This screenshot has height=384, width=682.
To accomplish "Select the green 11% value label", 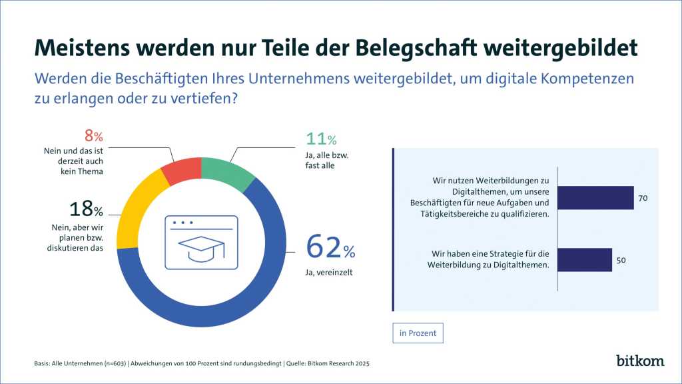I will click(321, 139).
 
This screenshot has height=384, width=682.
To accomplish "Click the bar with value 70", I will click(595, 198).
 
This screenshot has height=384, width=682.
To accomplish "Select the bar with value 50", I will click(584, 260).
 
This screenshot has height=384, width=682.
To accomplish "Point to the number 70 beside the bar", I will click(643, 198).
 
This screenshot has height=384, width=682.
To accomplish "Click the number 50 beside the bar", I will click(621, 260).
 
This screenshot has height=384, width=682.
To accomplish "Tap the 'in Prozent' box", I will click(418, 333).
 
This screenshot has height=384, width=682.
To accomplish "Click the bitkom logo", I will click(640, 360).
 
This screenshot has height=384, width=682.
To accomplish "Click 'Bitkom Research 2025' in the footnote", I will click(338, 363).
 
